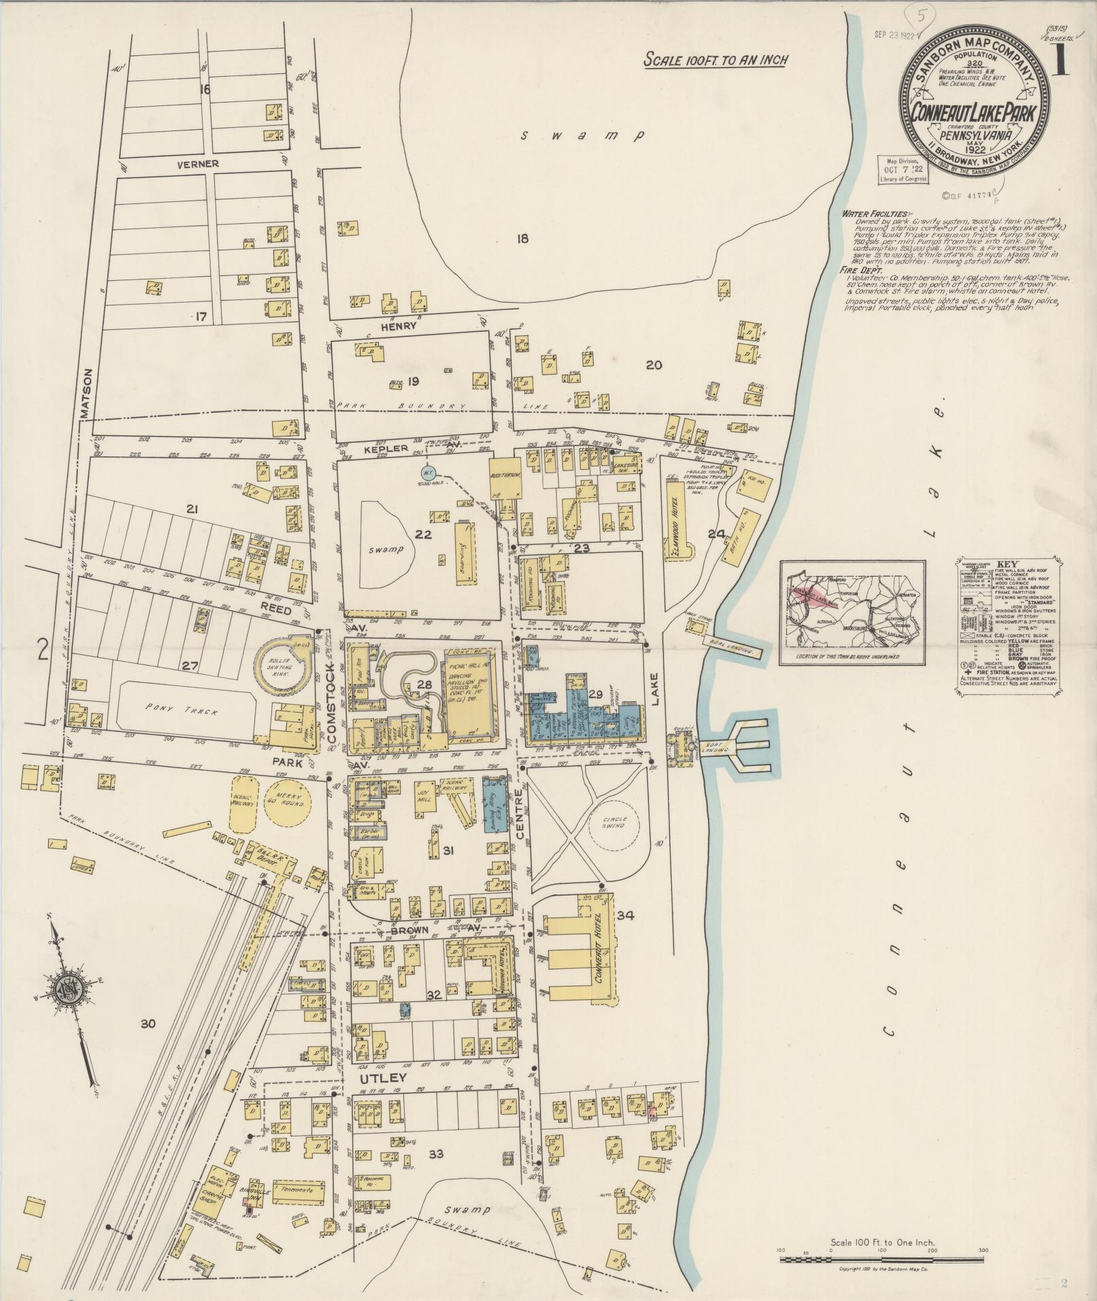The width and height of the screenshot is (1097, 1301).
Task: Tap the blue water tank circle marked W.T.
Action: pos(428,472)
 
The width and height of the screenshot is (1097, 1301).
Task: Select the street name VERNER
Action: pos(198,164)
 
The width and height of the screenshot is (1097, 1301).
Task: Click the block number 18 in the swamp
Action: pos(522,239)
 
